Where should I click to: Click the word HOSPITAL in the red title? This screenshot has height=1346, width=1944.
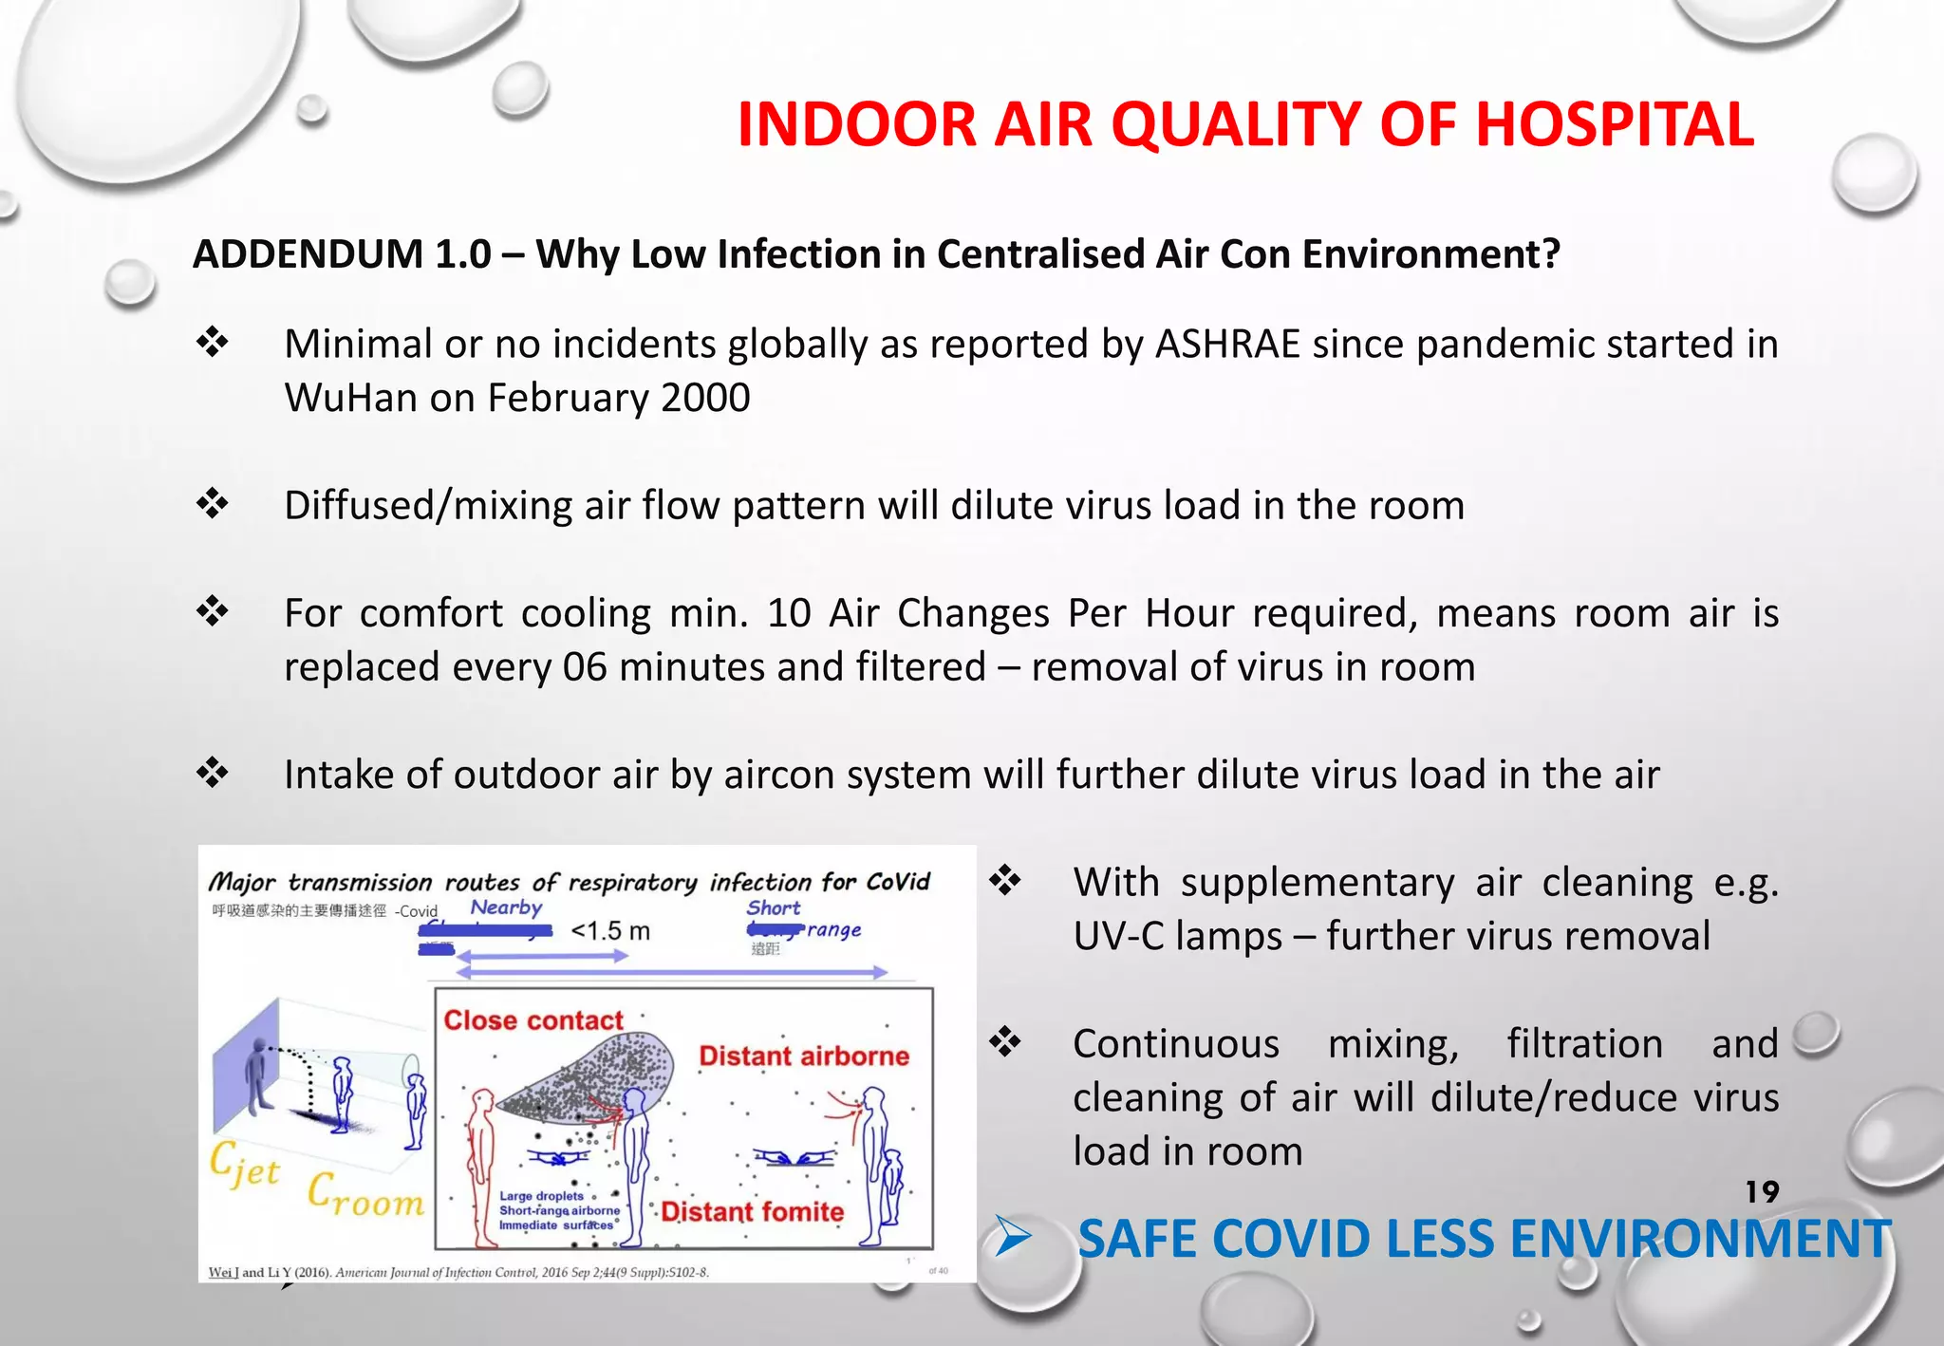tap(1614, 125)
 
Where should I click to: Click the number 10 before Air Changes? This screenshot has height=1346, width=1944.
tap(788, 613)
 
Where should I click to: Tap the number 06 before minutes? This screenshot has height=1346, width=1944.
tap(585, 667)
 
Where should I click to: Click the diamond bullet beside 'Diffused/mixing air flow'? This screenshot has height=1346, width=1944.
tap(213, 503)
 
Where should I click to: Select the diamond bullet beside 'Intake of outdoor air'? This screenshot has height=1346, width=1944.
tap(213, 773)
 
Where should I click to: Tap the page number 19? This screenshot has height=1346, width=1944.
tap(1762, 1191)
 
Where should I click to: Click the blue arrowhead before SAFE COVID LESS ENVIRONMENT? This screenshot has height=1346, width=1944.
tap(1014, 1238)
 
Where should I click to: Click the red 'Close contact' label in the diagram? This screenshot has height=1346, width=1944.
tap(533, 1020)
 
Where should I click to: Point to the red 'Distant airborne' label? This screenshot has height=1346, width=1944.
tap(804, 1056)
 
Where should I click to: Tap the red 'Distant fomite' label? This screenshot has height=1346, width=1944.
tap(752, 1212)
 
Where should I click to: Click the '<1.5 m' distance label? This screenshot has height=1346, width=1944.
tap(610, 931)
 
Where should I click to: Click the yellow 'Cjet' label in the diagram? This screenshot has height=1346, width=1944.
tap(244, 1165)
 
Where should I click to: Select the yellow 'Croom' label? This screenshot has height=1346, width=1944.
tap(365, 1195)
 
